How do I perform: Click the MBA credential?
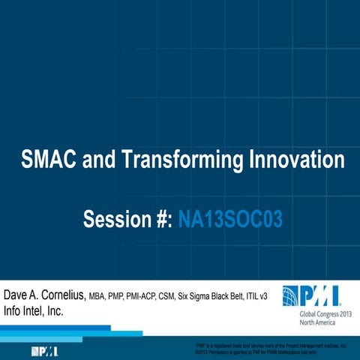point(99,293)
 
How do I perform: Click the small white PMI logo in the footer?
point(43,350)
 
